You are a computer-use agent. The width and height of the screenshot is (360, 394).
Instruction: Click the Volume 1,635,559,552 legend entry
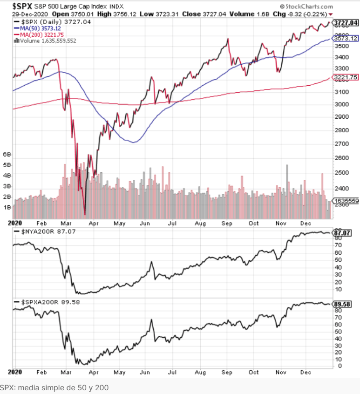pos(46,41)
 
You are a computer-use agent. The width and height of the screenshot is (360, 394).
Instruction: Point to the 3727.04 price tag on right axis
pos(346,22)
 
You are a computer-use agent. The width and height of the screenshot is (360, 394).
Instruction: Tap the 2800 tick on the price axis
pos(341,130)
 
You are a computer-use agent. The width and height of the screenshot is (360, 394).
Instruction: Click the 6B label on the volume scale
pos(7,154)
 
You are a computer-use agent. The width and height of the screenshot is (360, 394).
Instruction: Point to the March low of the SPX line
pos(85,214)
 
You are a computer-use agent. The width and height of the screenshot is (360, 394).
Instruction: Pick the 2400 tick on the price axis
pos(341,188)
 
